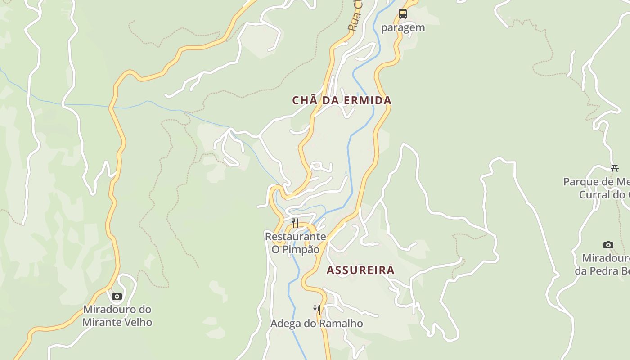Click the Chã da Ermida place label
click(342, 100)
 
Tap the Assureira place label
click(360, 270)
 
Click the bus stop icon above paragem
click(402, 14)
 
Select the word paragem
click(403, 27)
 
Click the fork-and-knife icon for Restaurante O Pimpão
click(295, 223)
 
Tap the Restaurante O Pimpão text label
click(295, 243)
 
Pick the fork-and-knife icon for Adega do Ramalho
click(317, 310)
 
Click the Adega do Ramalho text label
click(316, 324)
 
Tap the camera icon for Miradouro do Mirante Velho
click(117, 296)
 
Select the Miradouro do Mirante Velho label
click(117, 316)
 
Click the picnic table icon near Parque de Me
click(615, 169)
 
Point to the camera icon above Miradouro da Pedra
click(608, 245)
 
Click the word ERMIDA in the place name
click(368, 100)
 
